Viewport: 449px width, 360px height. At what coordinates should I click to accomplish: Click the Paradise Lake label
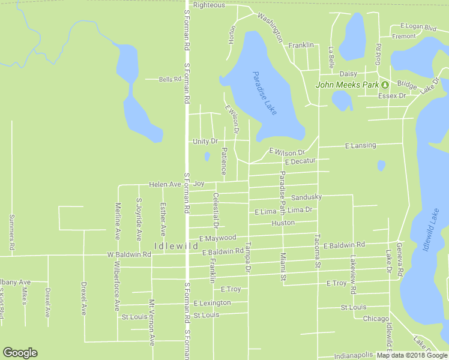click(x=264, y=93)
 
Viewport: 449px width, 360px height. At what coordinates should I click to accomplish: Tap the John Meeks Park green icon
click(x=384, y=85)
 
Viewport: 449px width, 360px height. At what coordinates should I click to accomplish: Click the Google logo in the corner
click(x=20, y=353)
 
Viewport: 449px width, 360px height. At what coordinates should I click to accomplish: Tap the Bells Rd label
click(x=170, y=79)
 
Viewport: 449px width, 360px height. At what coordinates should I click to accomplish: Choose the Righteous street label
click(x=209, y=5)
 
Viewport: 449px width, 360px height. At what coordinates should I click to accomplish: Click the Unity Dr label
click(x=205, y=141)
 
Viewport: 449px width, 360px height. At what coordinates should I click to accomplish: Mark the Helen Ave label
click(x=165, y=184)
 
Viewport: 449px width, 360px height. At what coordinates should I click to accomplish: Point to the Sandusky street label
click(x=306, y=197)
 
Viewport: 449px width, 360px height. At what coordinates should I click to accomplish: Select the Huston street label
click(x=283, y=223)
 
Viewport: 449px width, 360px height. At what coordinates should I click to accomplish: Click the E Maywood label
click(x=217, y=238)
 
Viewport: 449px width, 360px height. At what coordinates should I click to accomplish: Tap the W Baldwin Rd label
click(x=129, y=254)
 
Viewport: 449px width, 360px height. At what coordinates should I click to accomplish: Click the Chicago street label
click(x=376, y=319)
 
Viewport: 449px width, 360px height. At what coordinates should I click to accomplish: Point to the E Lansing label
click(x=360, y=145)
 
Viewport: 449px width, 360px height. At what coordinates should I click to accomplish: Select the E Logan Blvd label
click(x=418, y=28)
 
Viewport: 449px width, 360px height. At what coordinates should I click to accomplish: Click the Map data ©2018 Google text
click(x=412, y=355)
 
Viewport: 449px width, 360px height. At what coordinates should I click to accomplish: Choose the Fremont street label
click(x=403, y=36)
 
